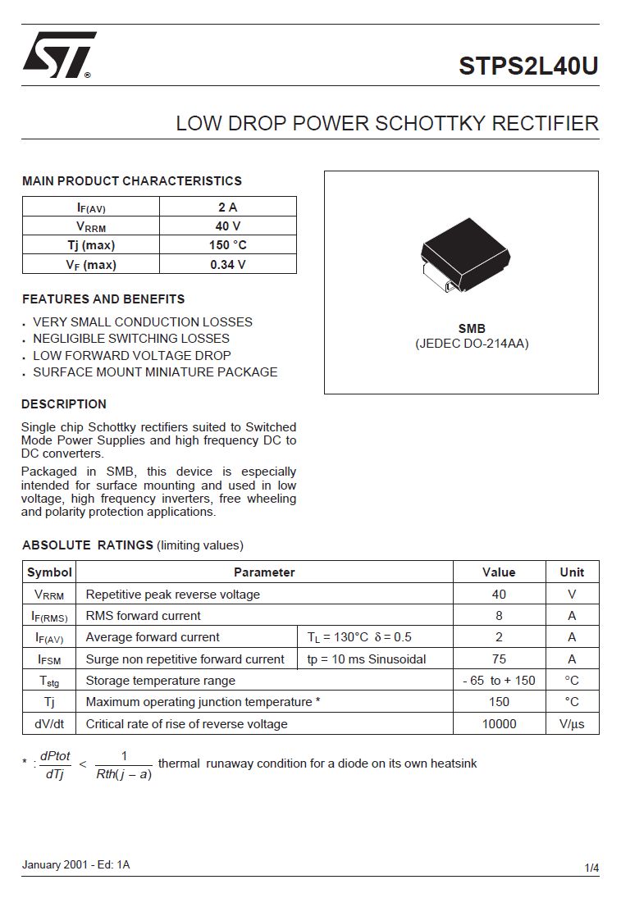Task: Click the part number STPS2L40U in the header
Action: point(528,66)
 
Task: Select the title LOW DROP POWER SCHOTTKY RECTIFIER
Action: point(387,124)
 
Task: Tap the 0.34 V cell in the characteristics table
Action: point(227,264)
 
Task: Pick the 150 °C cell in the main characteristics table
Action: point(227,244)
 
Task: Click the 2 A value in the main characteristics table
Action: point(227,207)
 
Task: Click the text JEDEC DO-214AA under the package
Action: point(472,344)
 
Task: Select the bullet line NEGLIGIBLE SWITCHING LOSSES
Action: point(131,338)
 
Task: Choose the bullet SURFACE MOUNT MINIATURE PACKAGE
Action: point(155,372)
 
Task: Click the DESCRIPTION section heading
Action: point(64,404)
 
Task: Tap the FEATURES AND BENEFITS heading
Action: point(103,299)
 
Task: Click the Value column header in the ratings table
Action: point(499,572)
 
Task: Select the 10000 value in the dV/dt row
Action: point(499,723)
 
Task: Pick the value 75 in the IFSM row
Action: point(499,659)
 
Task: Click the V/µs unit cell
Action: point(572,723)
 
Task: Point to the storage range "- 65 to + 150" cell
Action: point(499,680)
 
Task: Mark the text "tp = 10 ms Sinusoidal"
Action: point(367,659)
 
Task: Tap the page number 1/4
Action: point(591,868)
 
